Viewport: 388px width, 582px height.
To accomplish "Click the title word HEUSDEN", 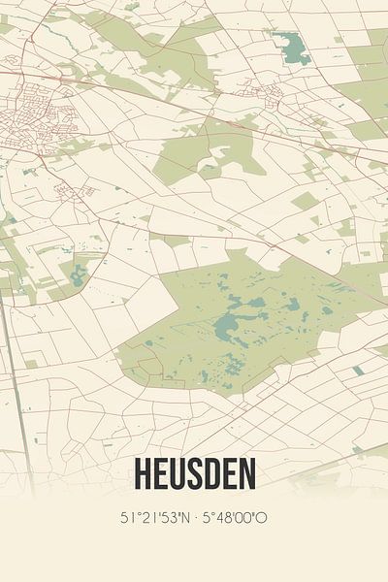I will coord(194,475).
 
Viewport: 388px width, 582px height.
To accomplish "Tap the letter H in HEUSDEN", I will coord(140,475).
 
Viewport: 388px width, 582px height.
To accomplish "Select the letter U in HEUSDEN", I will coord(176,475).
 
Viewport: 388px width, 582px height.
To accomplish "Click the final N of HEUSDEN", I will coord(248,475).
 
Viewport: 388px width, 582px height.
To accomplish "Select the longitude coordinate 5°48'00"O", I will coord(235,518).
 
